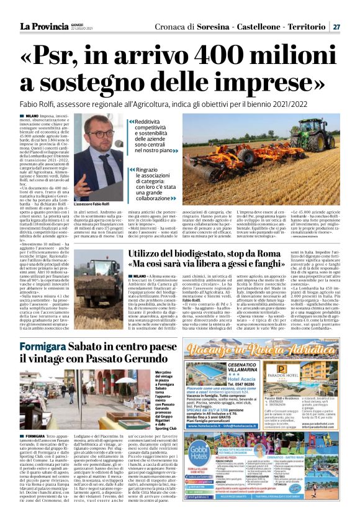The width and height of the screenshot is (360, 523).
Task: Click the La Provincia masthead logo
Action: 45,26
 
